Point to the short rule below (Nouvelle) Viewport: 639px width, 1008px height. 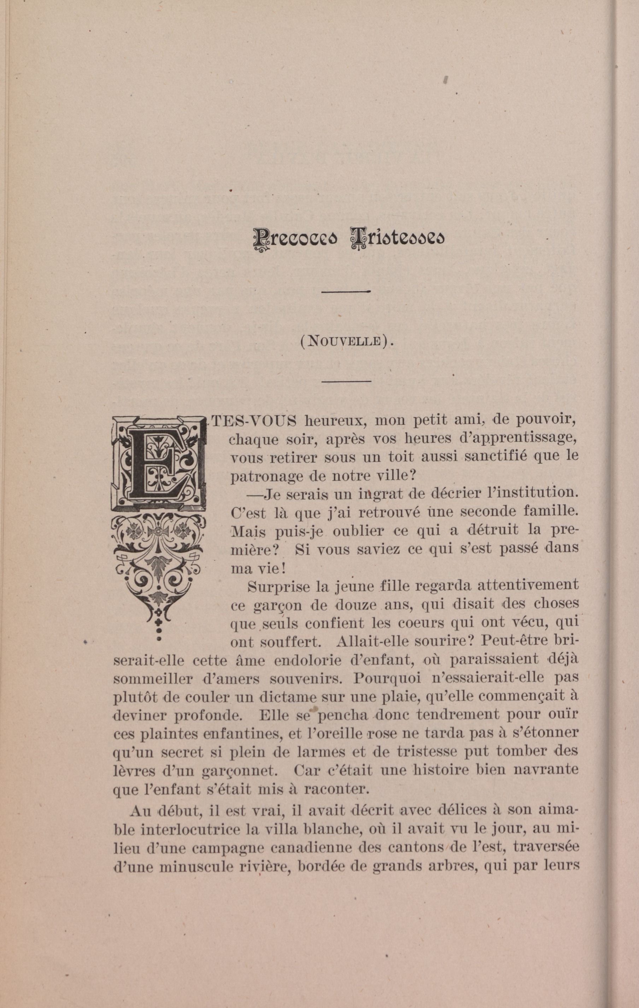tap(347, 381)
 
